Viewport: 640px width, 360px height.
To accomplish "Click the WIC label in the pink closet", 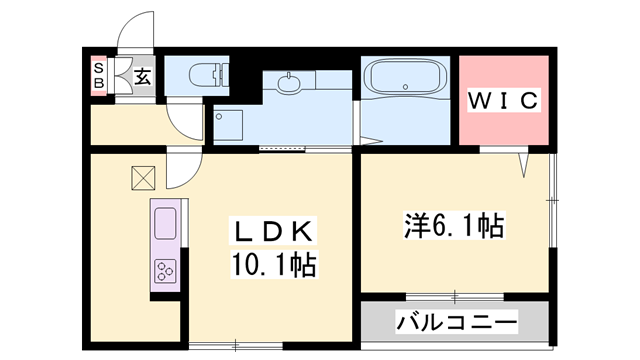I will click(504, 101).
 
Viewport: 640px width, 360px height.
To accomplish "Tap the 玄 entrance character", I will click(143, 76).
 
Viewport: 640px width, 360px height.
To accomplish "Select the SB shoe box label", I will click(99, 75).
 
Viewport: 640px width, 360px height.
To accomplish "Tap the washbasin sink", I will click(290, 84).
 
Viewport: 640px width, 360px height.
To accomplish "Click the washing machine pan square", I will click(229, 125).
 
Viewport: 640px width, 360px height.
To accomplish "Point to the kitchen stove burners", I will click(165, 270).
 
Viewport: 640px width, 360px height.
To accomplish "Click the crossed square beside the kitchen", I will click(142, 178).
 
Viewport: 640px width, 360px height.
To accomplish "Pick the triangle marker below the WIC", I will click(523, 161).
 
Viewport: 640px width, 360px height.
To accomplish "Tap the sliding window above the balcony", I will click(455, 296).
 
